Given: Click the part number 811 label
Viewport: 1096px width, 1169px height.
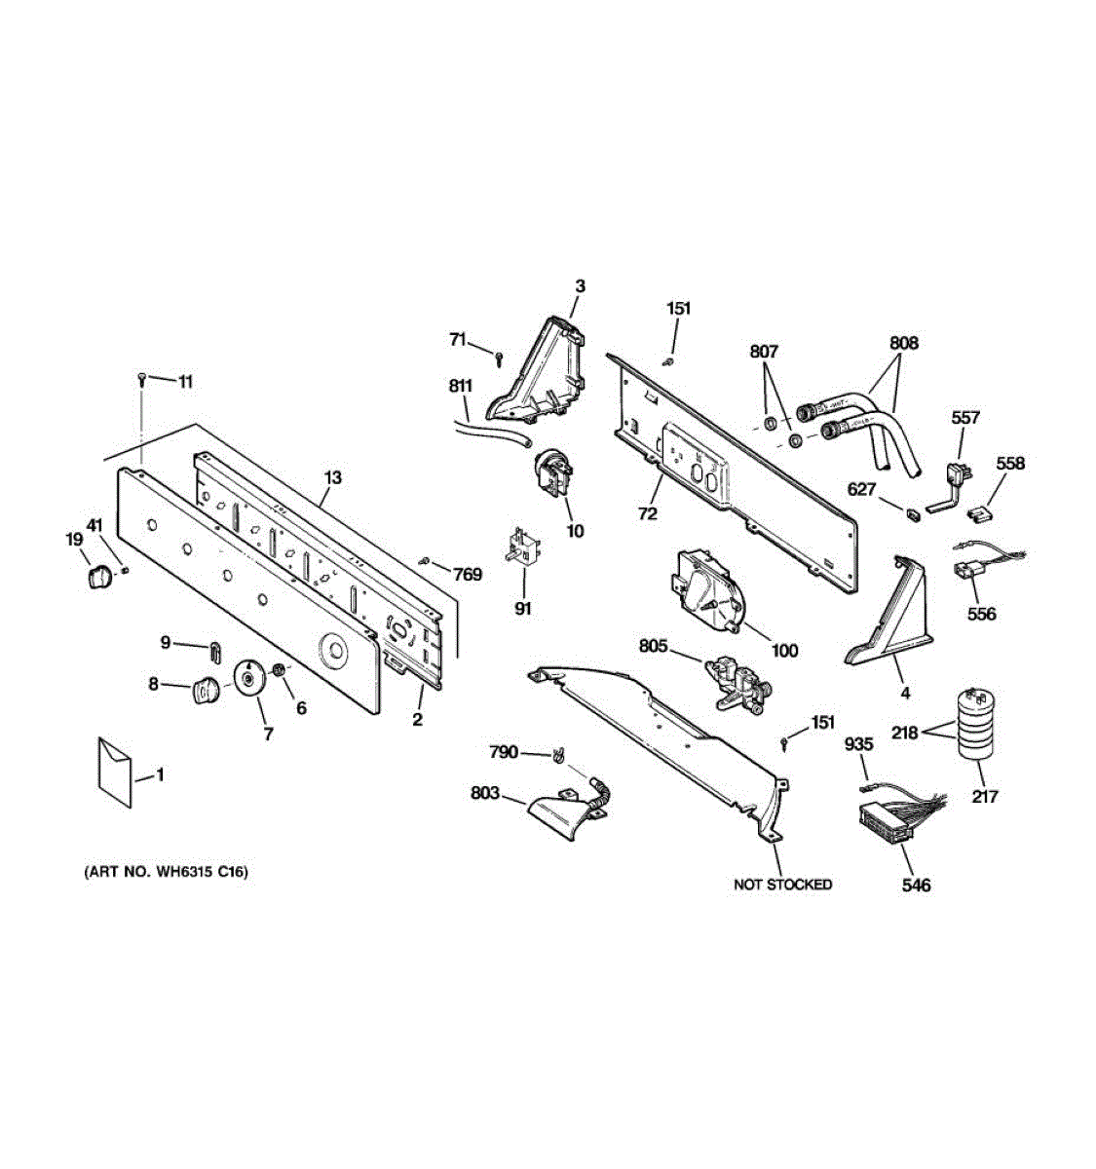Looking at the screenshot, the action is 461,385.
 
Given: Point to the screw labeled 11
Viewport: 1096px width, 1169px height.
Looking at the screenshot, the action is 143,378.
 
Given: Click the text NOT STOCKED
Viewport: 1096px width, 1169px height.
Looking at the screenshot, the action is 782,885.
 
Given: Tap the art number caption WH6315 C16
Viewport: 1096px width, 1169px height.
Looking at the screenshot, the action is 166,872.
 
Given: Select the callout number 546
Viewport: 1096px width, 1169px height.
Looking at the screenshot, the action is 916,885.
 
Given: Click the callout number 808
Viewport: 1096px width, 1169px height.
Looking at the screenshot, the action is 903,343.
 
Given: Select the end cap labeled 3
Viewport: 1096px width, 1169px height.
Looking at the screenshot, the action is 546,370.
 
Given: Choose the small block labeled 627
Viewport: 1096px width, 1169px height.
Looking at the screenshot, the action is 913,511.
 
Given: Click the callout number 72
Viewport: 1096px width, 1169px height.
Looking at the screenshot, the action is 647,514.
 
